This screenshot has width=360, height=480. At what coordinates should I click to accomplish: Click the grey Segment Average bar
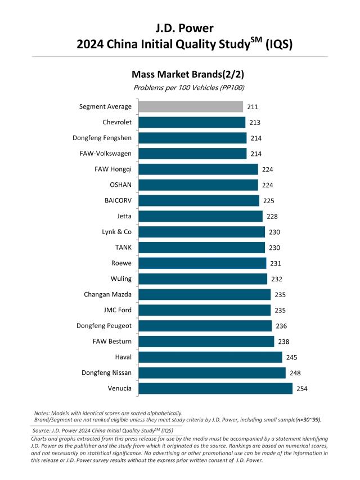[191, 106]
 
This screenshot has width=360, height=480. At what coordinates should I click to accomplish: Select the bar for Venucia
[215, 388]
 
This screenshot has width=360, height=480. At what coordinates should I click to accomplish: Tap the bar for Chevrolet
[192, 122]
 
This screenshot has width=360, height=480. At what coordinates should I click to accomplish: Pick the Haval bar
[210, 357]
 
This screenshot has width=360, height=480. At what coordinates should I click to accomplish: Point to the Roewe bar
[202, 263]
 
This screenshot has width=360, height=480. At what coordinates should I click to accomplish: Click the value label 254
[303, 388]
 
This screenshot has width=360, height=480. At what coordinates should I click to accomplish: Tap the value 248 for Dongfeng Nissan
[296, 373]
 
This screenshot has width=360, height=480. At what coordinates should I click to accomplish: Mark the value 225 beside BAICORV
[270, 200]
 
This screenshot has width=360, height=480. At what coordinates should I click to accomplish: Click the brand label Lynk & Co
[116, 232]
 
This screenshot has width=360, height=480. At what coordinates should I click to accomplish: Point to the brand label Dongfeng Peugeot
[104, 326]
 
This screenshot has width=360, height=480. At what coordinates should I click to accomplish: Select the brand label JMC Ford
[116, 310]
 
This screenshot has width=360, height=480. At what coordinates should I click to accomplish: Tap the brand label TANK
[123, 248]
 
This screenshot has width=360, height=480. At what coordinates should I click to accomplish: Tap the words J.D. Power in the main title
[180, 27]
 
